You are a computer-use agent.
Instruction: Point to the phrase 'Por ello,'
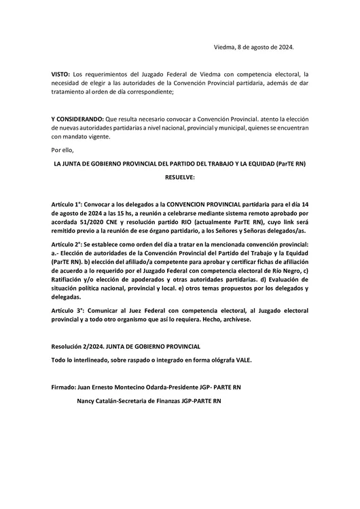click(x=62, y=150)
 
